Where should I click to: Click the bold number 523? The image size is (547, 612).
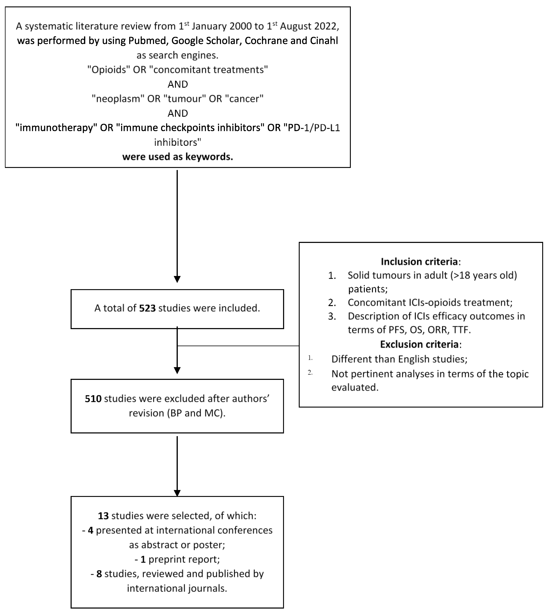point(147,308)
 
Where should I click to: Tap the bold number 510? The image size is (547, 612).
point(93,399)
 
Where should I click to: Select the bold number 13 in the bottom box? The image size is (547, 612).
point(103,516)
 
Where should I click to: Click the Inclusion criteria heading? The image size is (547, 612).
point(419,262)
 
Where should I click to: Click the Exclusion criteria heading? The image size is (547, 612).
point(419,344)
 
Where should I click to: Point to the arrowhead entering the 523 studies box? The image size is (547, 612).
point(177,279)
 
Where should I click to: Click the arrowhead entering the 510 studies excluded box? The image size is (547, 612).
point(177,370)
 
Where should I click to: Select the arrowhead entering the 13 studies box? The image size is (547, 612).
point(177,493)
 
